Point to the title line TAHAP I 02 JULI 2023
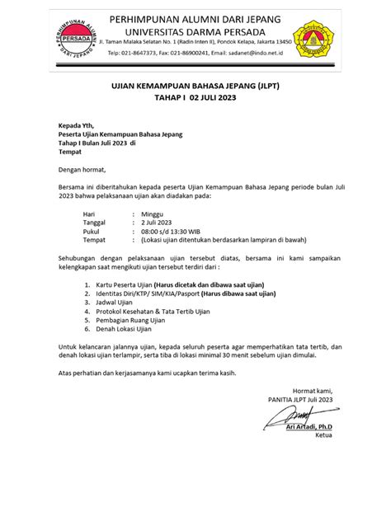coord(195,97)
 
